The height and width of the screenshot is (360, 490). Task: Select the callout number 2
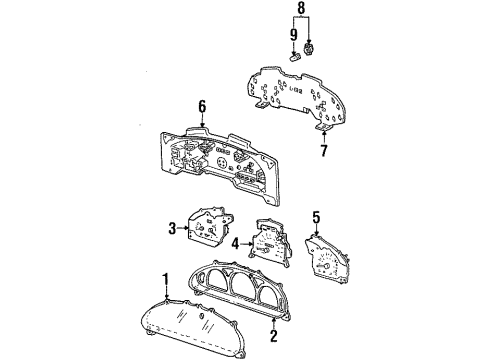click(x=274, y=335)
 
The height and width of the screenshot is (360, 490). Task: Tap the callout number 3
click(x=172, y=228)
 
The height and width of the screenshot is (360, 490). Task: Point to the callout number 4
click(x=236, y=244)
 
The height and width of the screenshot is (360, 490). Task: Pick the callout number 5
click(x=316, y=217)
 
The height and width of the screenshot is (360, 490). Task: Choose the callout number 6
click(x=202, y=107)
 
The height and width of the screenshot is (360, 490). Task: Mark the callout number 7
click(x=324, y=150)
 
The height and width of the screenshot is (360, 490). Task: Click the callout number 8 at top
click(x=301, y=8)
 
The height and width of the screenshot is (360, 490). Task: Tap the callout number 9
click(x=294, y=35)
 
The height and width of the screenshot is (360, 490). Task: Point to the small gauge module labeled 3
click(x=207, y=226)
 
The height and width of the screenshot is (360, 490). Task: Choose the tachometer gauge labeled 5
click(x=327, y=258)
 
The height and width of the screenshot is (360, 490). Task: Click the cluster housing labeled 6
click(x=220, y=164)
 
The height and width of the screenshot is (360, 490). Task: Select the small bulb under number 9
click(x=295, y=58)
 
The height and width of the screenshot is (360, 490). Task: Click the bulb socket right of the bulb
click(x=309, y=49)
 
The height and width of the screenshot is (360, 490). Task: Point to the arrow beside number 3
click(x=183, y=228)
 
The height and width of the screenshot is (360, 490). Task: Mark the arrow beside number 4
click(x=246, y=244)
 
